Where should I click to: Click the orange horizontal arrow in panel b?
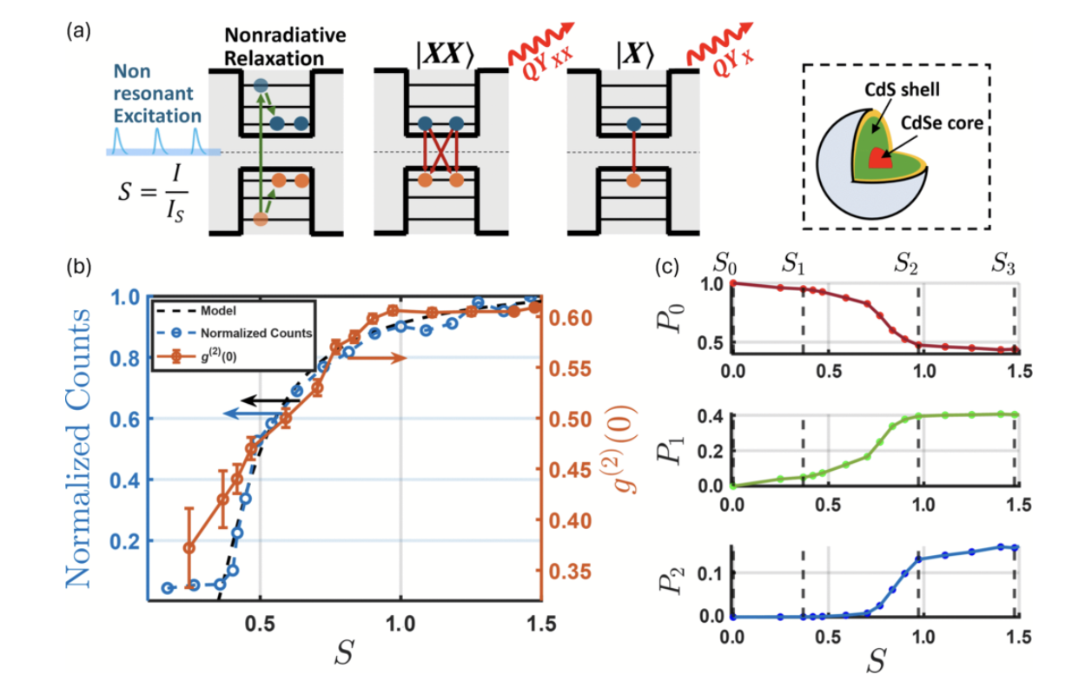pyautogui.click(x=382, y=358)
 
